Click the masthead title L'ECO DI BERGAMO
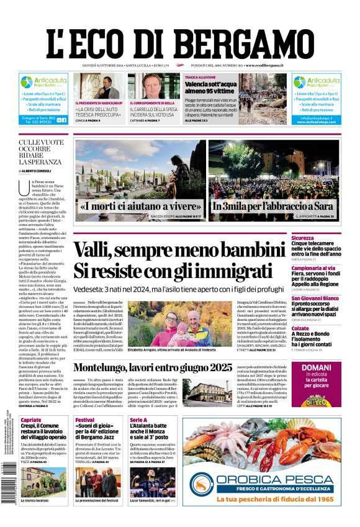click(x=180, y=39)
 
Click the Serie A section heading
click(x=138, y=420)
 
